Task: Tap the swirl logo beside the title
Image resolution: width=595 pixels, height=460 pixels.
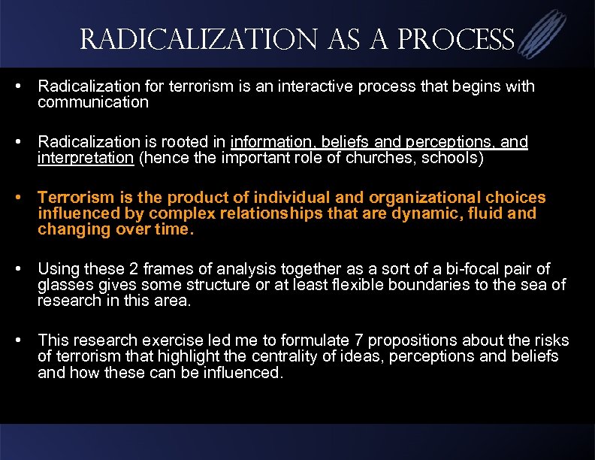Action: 543,35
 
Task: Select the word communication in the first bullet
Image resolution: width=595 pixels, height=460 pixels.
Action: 93,102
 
